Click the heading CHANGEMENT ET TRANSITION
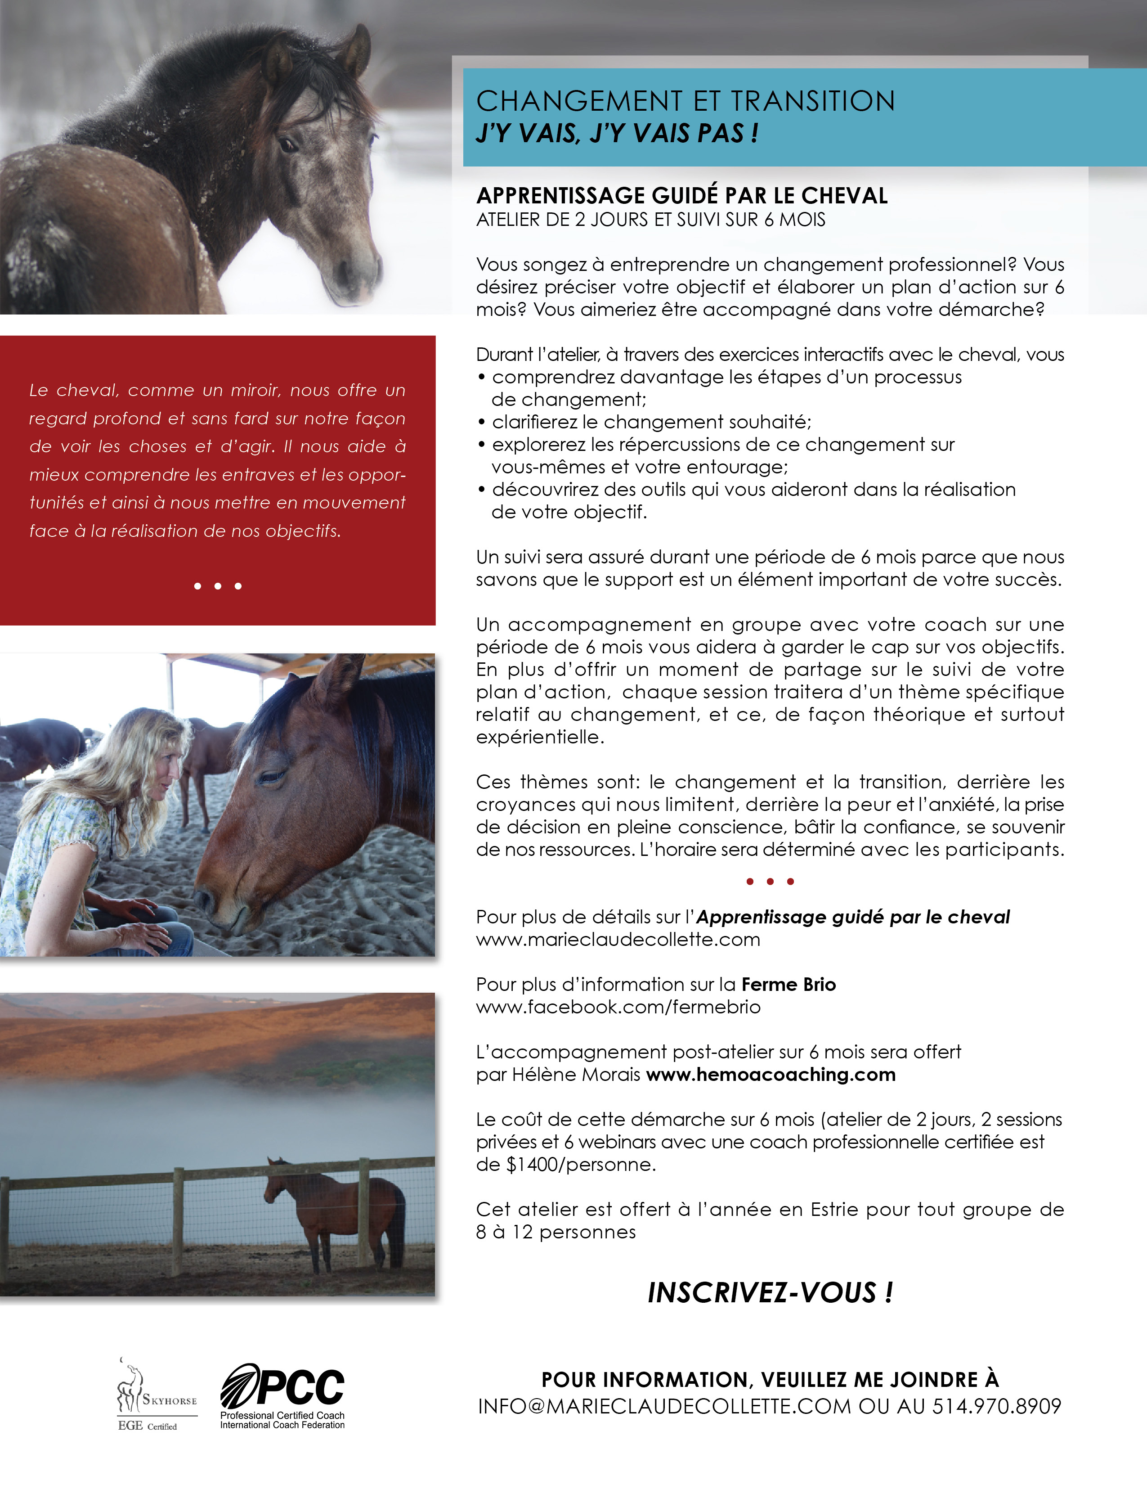click(685, 101)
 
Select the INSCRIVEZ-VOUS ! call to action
click(770, 1292)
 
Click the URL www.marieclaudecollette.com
click(618, 940)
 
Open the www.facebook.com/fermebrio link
click(618, 1007)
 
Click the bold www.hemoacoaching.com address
click(771, 1074)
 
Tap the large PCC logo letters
click(299, 1387)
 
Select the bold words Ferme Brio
click(788, 985)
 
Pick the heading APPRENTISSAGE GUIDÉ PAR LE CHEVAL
click(681, 196)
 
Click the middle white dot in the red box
click(217, 586)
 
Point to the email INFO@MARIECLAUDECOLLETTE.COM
click(664, 1407)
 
